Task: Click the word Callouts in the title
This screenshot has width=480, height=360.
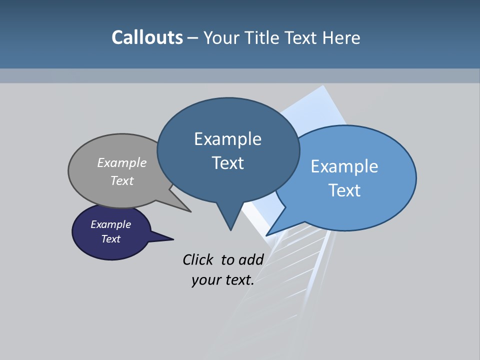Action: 147,37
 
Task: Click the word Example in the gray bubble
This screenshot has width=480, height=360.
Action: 122,162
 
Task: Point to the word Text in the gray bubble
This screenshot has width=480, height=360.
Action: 122,180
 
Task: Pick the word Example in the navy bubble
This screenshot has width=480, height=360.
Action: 110,224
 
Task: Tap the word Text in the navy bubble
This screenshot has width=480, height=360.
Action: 110,239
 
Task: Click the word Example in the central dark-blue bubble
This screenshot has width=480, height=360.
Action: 227,139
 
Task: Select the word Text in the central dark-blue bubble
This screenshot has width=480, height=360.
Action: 227,163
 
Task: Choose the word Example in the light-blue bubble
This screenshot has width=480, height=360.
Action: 344,166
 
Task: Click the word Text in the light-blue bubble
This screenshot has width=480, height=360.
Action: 344,190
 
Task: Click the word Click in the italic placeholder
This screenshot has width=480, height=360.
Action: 198,259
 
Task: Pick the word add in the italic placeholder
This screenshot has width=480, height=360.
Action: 251,259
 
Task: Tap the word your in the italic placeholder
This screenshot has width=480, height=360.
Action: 205,280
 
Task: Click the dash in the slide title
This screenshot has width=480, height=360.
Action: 193,38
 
